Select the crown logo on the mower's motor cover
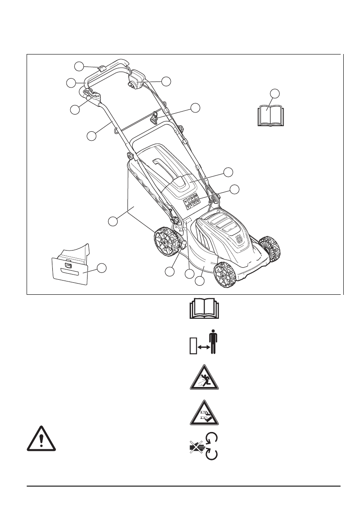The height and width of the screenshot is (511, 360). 239,241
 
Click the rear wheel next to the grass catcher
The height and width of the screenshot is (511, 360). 166,243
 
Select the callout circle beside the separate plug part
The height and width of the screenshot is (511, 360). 102,268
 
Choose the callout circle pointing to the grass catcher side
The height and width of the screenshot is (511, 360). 112,221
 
